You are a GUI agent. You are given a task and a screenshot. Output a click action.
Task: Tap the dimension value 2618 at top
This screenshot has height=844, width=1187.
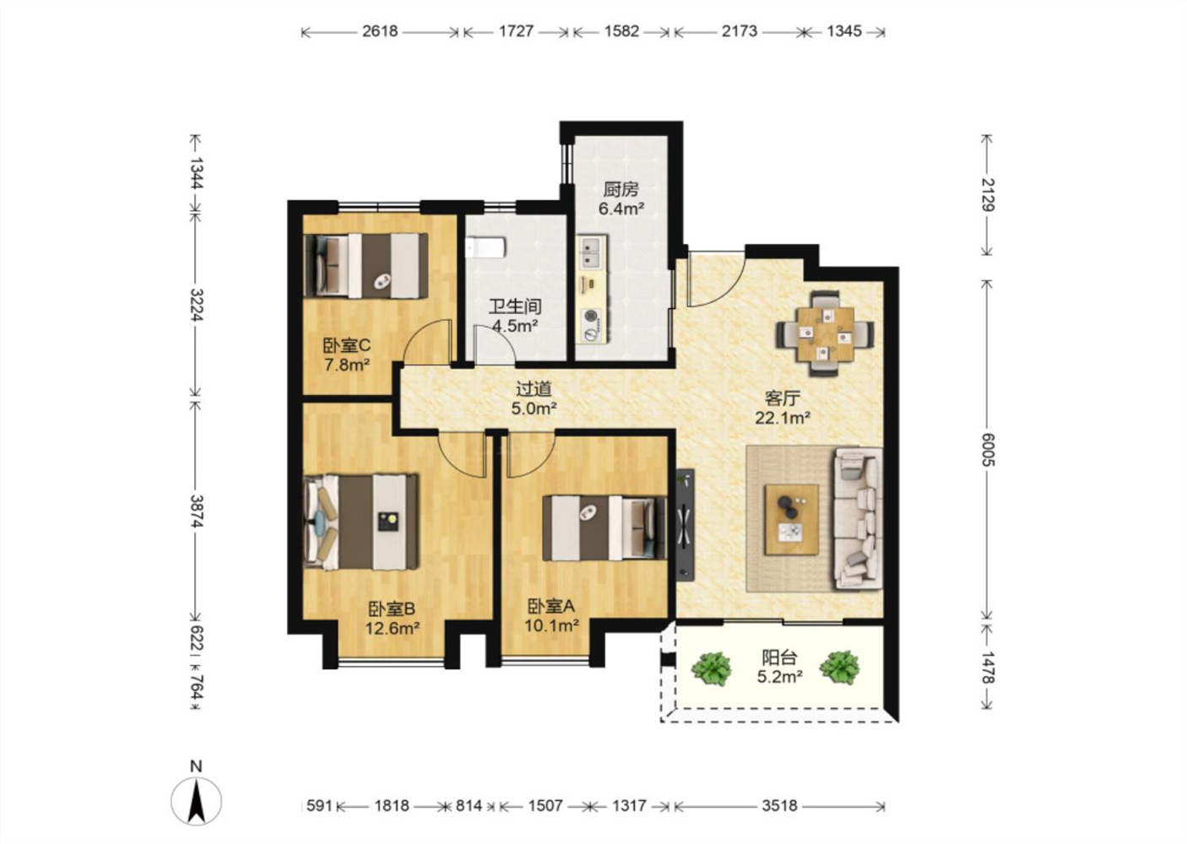pos(380,31)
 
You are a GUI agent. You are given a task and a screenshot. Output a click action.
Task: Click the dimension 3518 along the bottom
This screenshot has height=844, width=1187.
pos(779,805)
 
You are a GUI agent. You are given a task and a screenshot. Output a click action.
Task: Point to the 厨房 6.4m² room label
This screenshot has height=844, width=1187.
pos(621,199)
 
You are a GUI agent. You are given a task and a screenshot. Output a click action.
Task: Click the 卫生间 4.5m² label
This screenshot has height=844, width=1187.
pos(515,316)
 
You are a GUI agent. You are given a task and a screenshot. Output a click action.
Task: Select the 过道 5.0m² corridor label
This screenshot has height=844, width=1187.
pos(534,399)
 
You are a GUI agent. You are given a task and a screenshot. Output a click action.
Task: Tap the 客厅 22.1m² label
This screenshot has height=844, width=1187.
pos(783,407)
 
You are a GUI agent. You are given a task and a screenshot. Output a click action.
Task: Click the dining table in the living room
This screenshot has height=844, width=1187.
pos(826,333)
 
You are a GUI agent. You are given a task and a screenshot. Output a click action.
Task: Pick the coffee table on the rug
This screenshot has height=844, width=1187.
pos(791,519)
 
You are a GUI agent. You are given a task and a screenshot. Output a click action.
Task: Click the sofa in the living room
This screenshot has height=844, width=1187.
pos(858,518)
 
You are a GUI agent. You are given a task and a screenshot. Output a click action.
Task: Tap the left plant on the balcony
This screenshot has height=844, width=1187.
pos(712,668)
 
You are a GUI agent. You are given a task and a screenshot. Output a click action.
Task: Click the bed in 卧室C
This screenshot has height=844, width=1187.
pos(366,265)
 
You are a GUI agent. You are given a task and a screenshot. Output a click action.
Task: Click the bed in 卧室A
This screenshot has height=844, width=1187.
pos(604,528)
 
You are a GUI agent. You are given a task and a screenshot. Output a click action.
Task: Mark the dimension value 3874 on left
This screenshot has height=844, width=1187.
pos(195,511)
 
